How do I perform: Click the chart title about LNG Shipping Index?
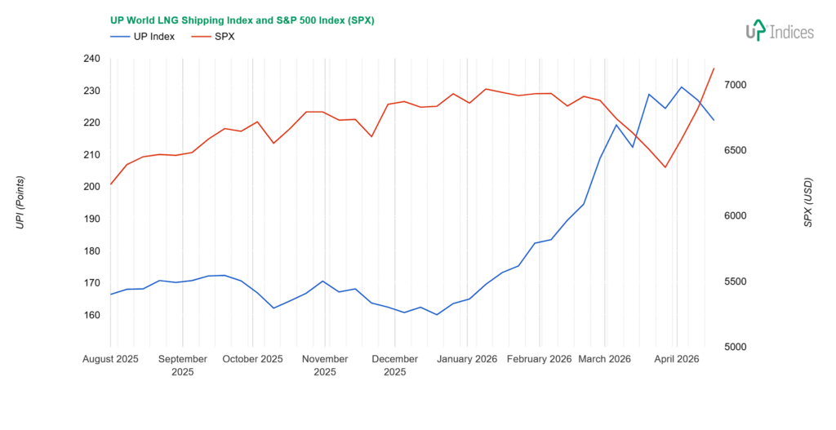tap(242, 20)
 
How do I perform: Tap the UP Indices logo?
tap(780, 31)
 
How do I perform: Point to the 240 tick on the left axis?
tap(91, 59)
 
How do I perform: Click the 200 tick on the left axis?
tap(91, 187)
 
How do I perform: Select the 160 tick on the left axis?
tap(91, 315)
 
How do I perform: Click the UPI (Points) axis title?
tap(21, 202)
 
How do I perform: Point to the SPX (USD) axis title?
tap(808, 202)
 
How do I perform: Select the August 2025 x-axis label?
tap(111, 359)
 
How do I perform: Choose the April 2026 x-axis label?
tap(676, 359)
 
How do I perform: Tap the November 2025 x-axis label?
tap(325, 365)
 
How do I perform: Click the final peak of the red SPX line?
tap(714, 69)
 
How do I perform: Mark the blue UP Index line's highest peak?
tap(682, 87)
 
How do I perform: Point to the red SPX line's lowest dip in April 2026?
tap(665, 167)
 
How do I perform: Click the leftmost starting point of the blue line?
tap(111, 294)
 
